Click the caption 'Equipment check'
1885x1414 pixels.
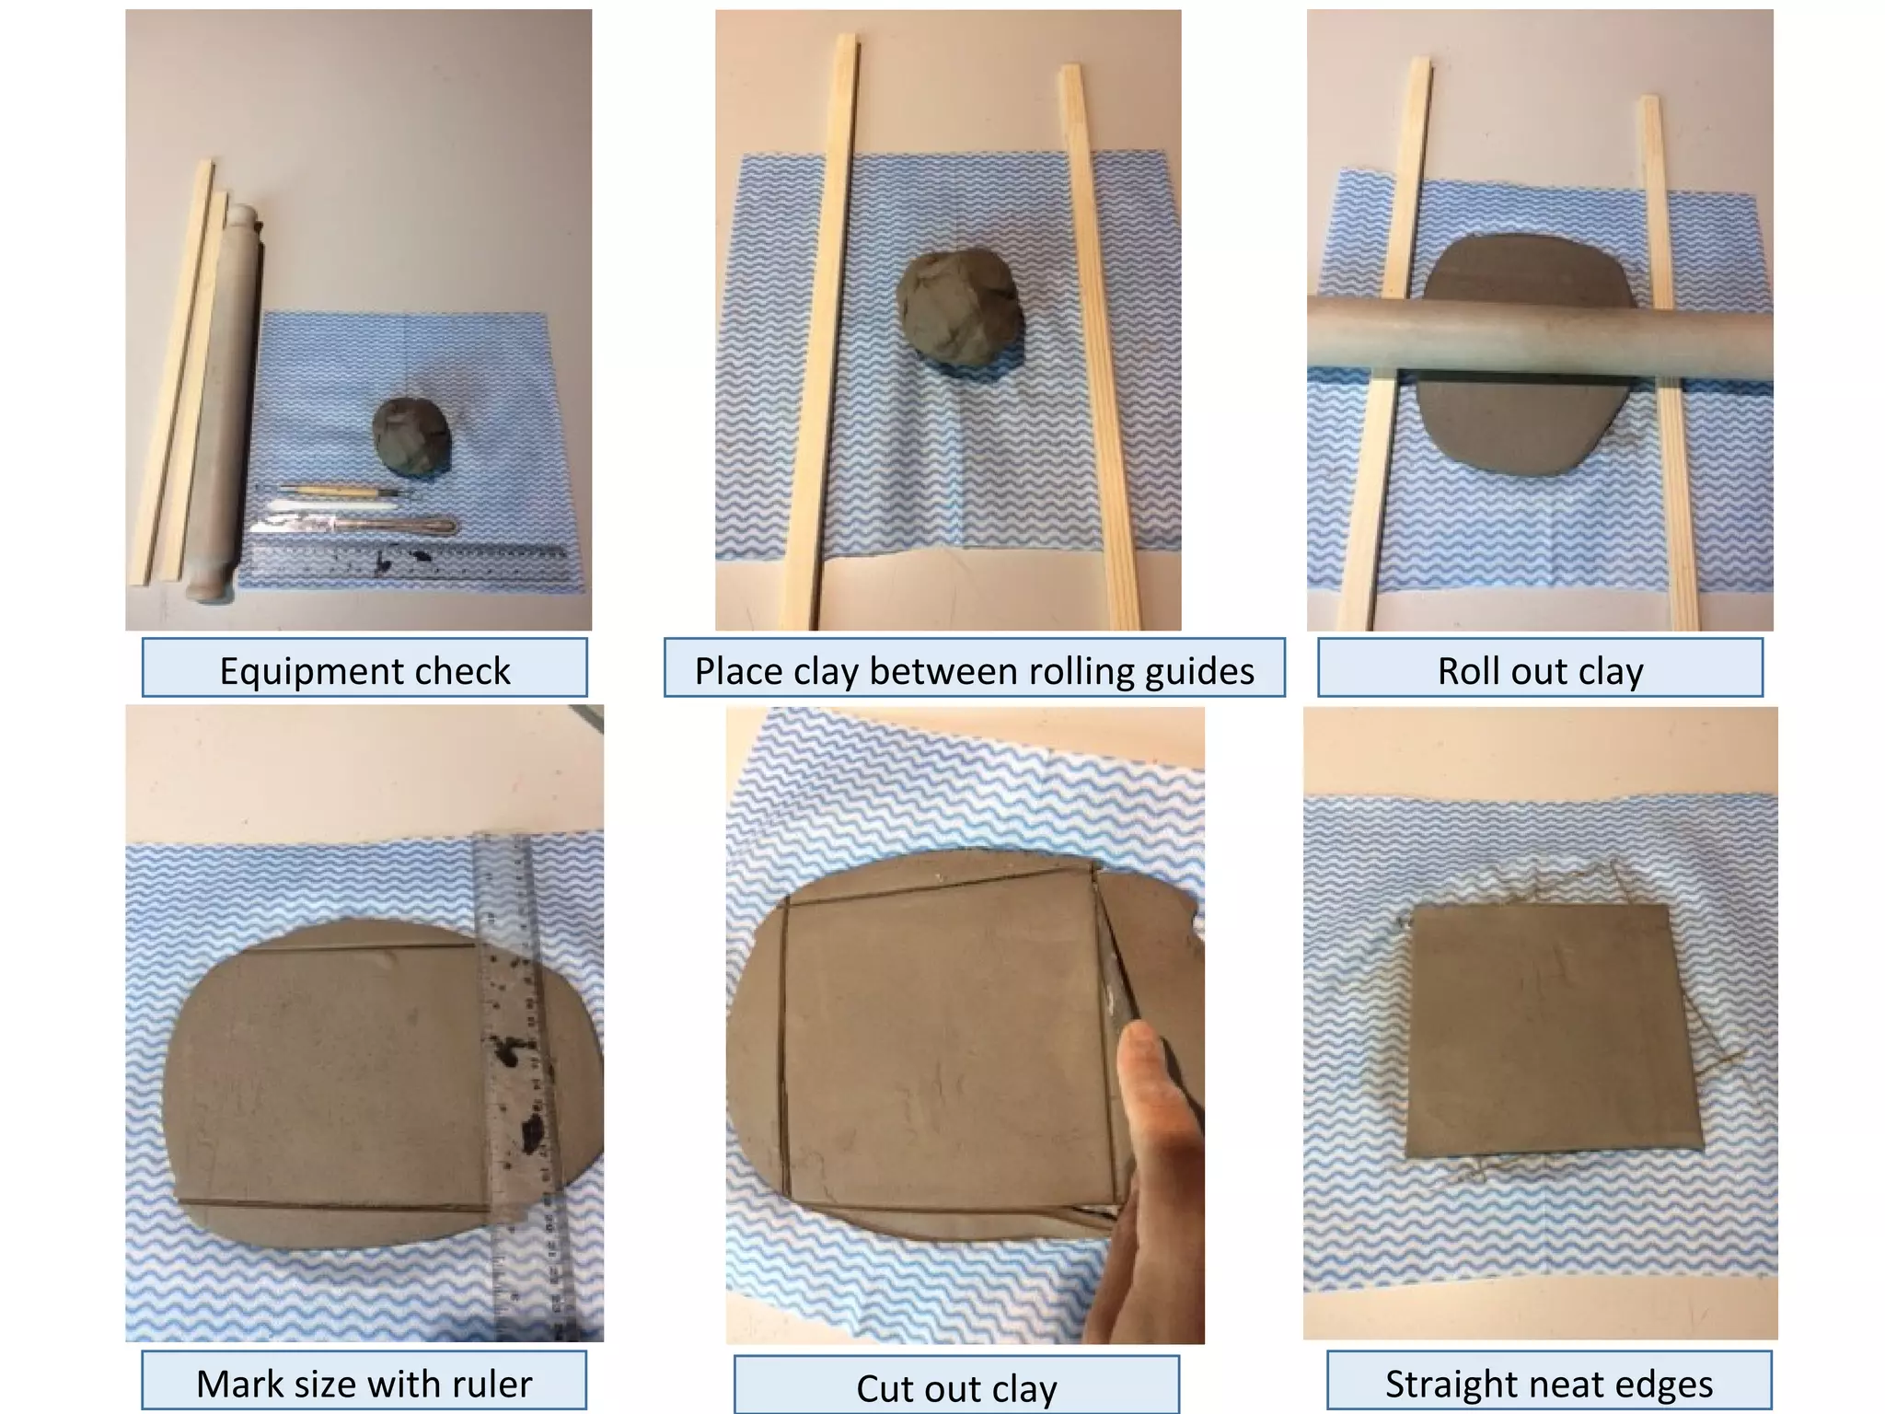coord(364,670)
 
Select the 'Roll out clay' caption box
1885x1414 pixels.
coord(1540,670)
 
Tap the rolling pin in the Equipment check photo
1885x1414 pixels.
coord(226,396)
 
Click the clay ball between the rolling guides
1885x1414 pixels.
coord(960,309)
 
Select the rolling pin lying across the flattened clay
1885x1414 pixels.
coord(1540,341)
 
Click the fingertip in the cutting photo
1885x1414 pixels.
coord(1139,1045)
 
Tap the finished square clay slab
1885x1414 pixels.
coord(1553,1031)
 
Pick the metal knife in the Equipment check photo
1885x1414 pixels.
coord(359,525)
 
